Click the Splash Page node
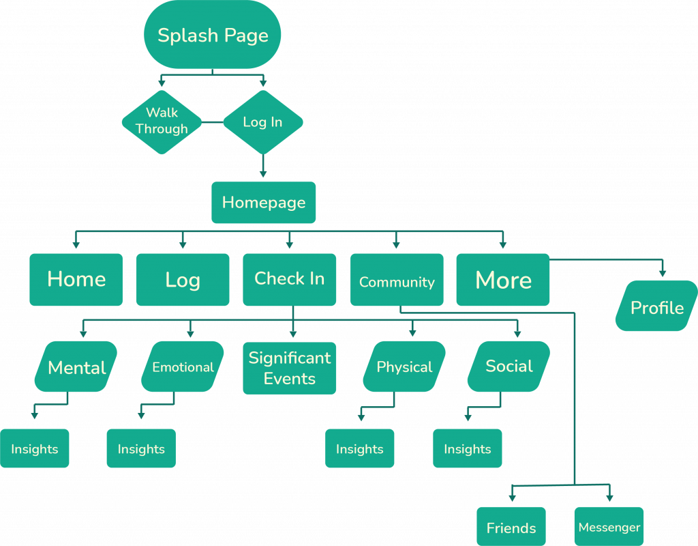[x=213, y=35]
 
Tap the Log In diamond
[x=262, y=122]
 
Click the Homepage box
[x=264, y=203]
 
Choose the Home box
[x=76, y=279]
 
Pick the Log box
[x=183, y=279]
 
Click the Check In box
[x=289, y=279]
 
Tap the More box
[x=503, y=279]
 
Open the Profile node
[x=656, y=306]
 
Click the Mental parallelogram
[x=76, y=367]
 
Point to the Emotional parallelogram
[x=183, y=367]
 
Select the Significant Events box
[x=289, y=368]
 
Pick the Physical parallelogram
[x=404, y=367]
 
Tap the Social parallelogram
[x=509, y=367]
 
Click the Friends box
[x=511, y=526]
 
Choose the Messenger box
[x=609, y=526]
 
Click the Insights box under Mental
[x=34, y=448]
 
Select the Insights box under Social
[x=468, y=448]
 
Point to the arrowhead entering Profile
[x=661, y=273]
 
